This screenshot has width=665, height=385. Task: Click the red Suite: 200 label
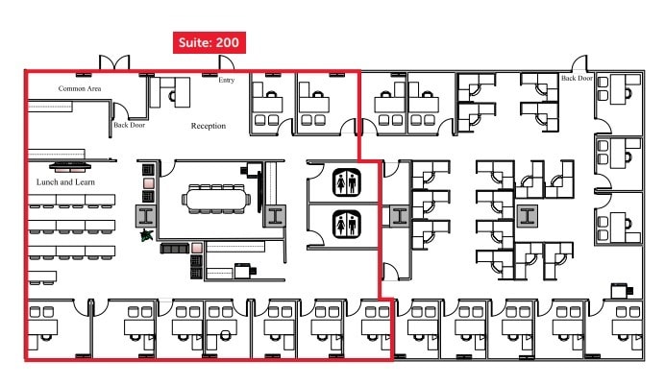click(209, 42)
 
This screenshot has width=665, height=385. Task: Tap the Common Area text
click(80, 88)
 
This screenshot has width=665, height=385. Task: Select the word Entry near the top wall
click(226, 80)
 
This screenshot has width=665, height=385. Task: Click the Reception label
click(208, 126)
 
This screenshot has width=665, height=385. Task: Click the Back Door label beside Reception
click(129, 124)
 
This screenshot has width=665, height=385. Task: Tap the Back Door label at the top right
click(578, 79)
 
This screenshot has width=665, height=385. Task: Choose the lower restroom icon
click(345, 224)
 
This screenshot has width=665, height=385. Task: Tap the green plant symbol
click(146, 233)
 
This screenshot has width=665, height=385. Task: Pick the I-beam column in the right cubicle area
click(526, 216)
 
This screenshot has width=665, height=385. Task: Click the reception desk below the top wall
click(174, 91)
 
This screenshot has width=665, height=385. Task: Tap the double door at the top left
click(114, 62)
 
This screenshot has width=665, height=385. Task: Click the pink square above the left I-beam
click(148, 182)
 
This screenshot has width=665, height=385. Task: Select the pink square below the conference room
click(196, 249)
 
